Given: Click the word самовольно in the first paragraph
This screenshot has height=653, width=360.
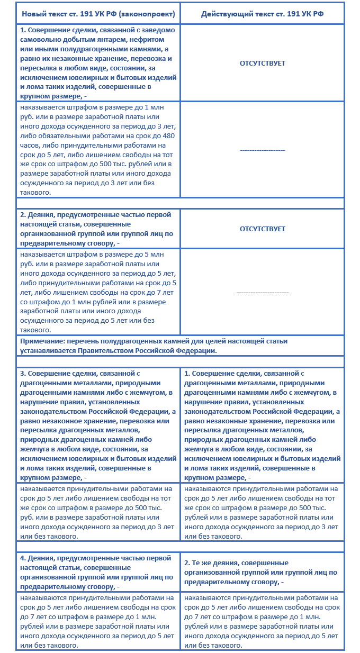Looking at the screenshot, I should [x=43, y=39].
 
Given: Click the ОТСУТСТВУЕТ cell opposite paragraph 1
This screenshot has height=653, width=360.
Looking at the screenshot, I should [x=262, y=63].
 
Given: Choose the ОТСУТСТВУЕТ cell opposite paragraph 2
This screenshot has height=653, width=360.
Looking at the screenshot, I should [x=262, y=229].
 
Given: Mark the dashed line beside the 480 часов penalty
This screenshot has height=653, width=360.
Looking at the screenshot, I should [x=262, y=150].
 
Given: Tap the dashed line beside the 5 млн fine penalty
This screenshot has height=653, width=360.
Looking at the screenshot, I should [x=262, y=292].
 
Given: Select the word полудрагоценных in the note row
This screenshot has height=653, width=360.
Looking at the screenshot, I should [x=131, y=341].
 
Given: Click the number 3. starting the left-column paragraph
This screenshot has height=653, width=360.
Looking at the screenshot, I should [x=23, y=374].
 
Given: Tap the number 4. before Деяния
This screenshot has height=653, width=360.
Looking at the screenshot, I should [x=23, y=558].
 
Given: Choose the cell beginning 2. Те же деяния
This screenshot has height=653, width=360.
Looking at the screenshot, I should [x=262, y=573].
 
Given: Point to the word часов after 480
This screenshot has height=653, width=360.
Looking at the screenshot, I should [x=31, y=145].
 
